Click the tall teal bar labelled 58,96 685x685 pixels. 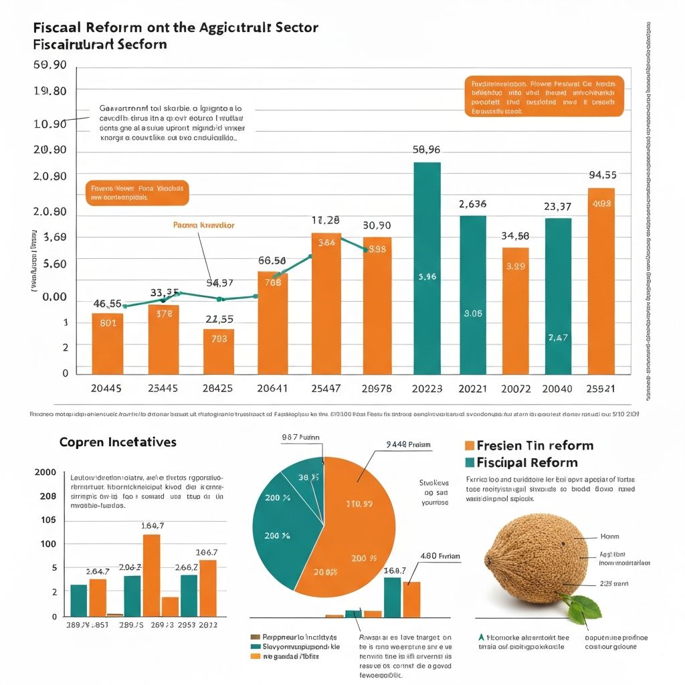point(427,268)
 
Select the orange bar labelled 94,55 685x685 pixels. point(601,281)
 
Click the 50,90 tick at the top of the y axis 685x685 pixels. point(50,65)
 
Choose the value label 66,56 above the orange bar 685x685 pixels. point(272,261)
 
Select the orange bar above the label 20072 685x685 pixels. point(515,310)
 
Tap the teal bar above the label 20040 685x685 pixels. point(558,296)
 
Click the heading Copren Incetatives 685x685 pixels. point(118,442)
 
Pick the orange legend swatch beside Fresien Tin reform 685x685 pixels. point(469,446)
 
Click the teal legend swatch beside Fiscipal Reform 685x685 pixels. point(469,462)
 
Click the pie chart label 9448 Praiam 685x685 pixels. point(408,444)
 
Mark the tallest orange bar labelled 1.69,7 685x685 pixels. point(152,575)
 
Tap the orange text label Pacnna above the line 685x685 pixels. point(203,225)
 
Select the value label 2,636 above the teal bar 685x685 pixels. point(472,204)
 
